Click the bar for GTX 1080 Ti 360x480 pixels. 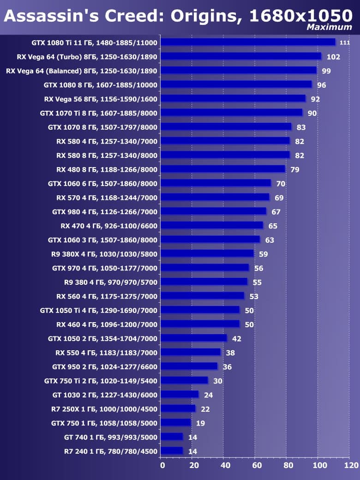click(248, 42)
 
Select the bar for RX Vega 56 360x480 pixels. click(234, 98)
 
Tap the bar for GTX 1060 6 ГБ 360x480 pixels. click(216, 183)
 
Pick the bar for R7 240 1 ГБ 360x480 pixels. click(172, 450)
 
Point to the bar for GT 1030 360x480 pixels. click(180, 394)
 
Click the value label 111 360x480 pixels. click(344, 43)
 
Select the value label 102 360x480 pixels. click(333, 57)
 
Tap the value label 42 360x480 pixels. click(237, 339)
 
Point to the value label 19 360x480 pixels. click(201, 423)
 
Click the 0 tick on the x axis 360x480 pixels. click(162, 465)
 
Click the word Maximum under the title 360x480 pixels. click(330, 27)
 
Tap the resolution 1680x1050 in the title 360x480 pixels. click(300, 16)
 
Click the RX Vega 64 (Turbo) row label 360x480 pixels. click(82, 57)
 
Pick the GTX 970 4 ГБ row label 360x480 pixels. click(105, 268)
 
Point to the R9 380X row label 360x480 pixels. click(104, 254)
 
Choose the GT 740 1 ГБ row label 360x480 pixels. click(111, 437)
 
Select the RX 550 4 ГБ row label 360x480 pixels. click(107, 353)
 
